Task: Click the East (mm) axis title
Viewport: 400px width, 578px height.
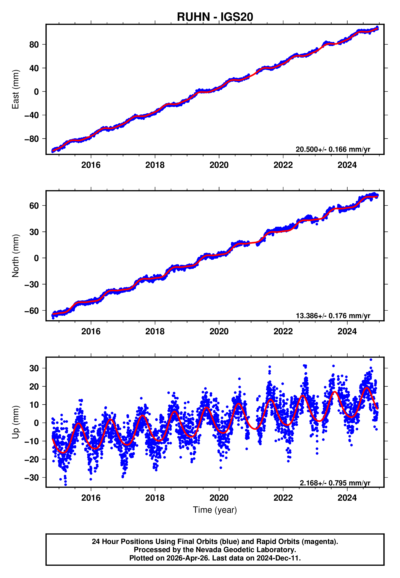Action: pyautogui.click(x=15, y=89)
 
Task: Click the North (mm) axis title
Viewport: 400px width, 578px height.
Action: pyautogui.click(x=15, y=256)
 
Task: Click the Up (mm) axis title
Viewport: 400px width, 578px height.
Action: pyautogui.click(x=15, y=422)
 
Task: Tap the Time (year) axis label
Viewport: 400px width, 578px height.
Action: pyautogui.click(x=215, y=510)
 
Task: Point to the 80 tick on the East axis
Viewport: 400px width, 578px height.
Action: pyautogui.click(x=34, y=45)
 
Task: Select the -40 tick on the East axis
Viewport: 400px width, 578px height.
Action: pyautogui.click(x=31, y=115)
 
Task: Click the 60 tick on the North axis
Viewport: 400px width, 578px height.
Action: pyautogui.click(x=34, y=206)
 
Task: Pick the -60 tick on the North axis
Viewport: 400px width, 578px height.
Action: pyautogui.click(x=31, y=311)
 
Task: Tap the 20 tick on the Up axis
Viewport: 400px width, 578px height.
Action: pyautogui.click(x=34, y=386)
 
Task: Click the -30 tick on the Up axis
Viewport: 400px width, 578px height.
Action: pyautogui.click(x=31, y=478)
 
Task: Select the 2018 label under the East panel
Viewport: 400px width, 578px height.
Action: pyautogui.click(x=155, y=165)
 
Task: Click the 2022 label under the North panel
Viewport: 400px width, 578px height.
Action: pyautogui.click(x=283, y=332)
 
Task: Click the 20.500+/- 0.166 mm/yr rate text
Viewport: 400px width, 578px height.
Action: pyautogui.click(x=333, y=149)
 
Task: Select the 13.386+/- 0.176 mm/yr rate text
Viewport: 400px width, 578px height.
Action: pyautogui.click(x=333, y=316)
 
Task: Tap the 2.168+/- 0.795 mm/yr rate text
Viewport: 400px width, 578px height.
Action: pyautogui.click(x=335, y=483)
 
